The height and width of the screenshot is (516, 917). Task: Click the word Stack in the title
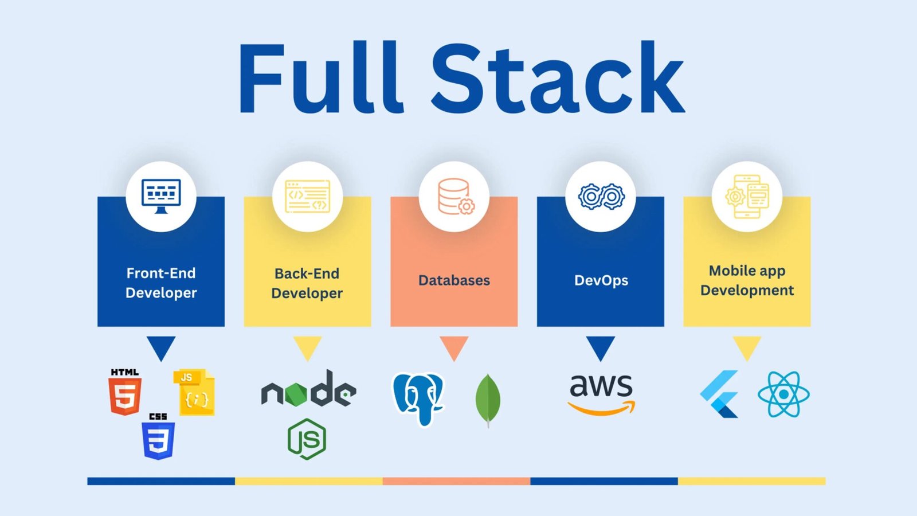(x=558, y=78)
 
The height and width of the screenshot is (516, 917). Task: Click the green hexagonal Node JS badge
(x=307, y=439)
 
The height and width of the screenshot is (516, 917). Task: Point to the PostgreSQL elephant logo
(x=418, y=399)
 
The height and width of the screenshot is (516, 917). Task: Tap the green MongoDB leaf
(x=488, y=400)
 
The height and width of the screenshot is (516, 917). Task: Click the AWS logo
(x=601, y=393)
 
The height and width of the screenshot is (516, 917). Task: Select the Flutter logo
(x=720, y=394)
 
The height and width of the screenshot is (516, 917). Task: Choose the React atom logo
(x=783, y=394)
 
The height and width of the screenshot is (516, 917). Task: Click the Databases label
(x=454, y=280)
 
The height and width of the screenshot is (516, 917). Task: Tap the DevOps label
(x=601, y=280)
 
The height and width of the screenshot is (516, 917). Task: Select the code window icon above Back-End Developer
(x=308, y=196)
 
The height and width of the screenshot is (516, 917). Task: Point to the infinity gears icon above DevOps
(x=601, y=197)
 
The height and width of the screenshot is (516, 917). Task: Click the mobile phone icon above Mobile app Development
(x=747, y=197)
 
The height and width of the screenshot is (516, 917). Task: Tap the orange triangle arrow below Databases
(x=454, y=347)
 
